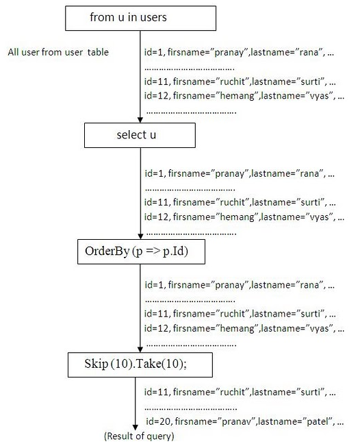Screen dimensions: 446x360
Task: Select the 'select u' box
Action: (139, 135)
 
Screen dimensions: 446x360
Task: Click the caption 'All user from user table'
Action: (58, 52)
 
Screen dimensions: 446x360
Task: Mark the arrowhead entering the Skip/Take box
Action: (140, 349)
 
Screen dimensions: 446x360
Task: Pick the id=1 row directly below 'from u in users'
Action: (240, 53)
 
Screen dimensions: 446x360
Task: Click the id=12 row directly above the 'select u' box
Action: (240, 95)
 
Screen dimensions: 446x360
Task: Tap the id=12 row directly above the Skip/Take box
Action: (240, 327)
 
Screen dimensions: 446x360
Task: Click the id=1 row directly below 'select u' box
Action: (240, 173)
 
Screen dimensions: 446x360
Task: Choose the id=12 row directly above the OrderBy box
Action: (240, 216)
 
